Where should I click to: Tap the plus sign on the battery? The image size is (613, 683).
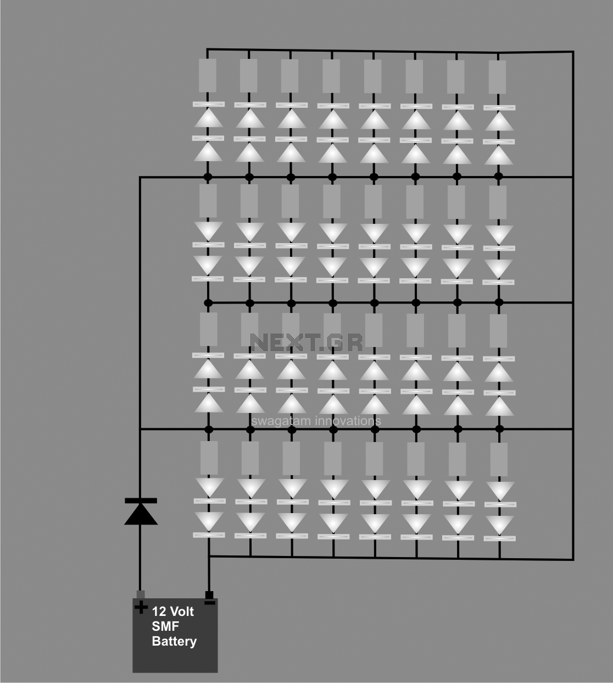click(141, 607)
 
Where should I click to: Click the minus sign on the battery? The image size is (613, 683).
click(209, 602)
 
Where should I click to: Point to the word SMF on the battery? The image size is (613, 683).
click(165, 626)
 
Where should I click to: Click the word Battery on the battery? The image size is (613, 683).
click(174, 642)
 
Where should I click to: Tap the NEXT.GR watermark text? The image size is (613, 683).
click(306, 342)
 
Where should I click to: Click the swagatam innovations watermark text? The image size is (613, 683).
click(316, 421)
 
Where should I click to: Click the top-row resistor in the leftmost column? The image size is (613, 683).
click(208, 75)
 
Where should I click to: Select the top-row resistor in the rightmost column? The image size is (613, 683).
click(498, 77)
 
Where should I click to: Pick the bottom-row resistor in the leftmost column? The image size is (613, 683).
click(209, 458)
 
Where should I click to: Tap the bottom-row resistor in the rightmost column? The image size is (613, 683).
click(499, 460)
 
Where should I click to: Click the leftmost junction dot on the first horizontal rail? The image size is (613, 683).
click(208, 177)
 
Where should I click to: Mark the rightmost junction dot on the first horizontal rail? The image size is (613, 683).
click(499, 177)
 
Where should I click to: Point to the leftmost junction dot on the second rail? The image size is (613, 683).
click(209, 303)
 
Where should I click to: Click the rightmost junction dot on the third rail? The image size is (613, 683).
click(499, 429)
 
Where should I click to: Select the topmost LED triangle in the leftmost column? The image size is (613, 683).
click(209, 118)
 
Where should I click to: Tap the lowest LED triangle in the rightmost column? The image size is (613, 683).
click(500, 525)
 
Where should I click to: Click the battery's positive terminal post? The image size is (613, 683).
click(141, 594)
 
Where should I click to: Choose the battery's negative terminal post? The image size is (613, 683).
click(209, 595)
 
